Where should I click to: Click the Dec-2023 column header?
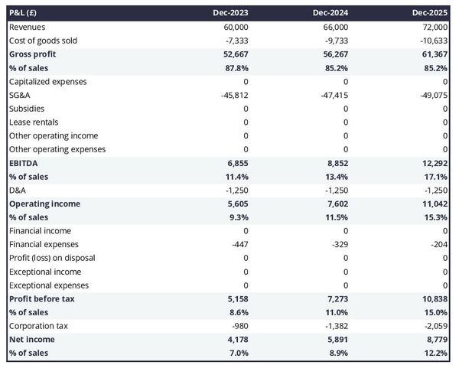(x=233, y=13)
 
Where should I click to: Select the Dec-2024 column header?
(x=332, y=13)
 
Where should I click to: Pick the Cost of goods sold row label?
(x=44, y=41)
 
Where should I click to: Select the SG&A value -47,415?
(x=331, y=95)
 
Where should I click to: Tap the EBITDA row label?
(x=24, y=163)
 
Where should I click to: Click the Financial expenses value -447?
(x=239, y=244)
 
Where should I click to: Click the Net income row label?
(x=31, y=339)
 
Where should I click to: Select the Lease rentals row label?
(x=34, y=122)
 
